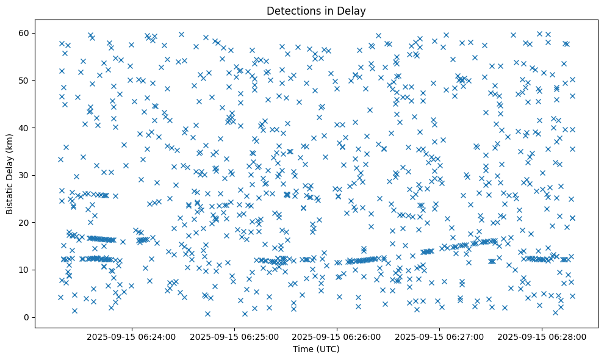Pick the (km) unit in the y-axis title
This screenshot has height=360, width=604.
click(10, 136)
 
